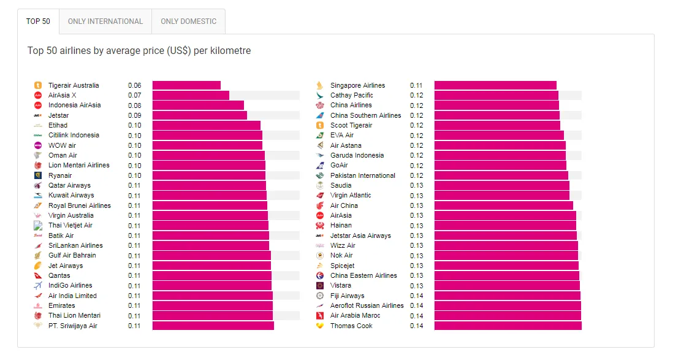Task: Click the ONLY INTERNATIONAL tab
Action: (x=105, y=21)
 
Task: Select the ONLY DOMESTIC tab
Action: (x=188, y=21)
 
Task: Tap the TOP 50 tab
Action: (x=38, y=21)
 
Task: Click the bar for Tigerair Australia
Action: (x=186, y=85)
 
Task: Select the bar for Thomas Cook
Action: (x=508, y=326)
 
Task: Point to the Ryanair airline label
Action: (x=60, y=175)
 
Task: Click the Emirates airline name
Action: (x=62, y=305)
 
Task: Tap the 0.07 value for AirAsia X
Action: (x=134, y=96)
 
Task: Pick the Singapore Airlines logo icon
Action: (x=319, y=85)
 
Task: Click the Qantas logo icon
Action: (x=37, y=275)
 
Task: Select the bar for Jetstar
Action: (x=199, y=115)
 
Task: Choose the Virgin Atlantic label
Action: (x=351, y=195)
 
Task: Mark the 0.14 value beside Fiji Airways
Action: (x=416, y=296)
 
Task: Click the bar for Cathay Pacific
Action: (x=496, y=95)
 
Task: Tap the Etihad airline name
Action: (x=58, y=125)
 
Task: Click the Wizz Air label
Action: (x=343, y=245)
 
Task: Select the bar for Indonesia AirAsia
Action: (x=198, y=105)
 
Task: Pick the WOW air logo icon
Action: (x=37, y=145)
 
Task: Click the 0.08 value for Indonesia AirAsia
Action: (x=134, y=105)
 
